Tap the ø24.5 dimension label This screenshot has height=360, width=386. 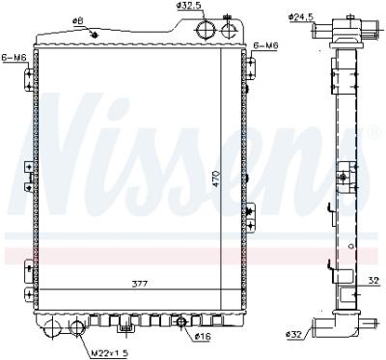pyautogui.click(x=301, y=17)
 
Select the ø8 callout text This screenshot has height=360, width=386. pyautogui.click(x=77, y=21)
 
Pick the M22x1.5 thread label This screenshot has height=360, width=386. pyautogui.click(x=109, y=353)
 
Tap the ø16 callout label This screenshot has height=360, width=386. pyautogui.click(x=203, y=337)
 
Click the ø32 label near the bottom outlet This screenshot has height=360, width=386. pyautogui.click(x=294, y=335)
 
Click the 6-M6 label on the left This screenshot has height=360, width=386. pyautogui.click(x=14, y=58)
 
